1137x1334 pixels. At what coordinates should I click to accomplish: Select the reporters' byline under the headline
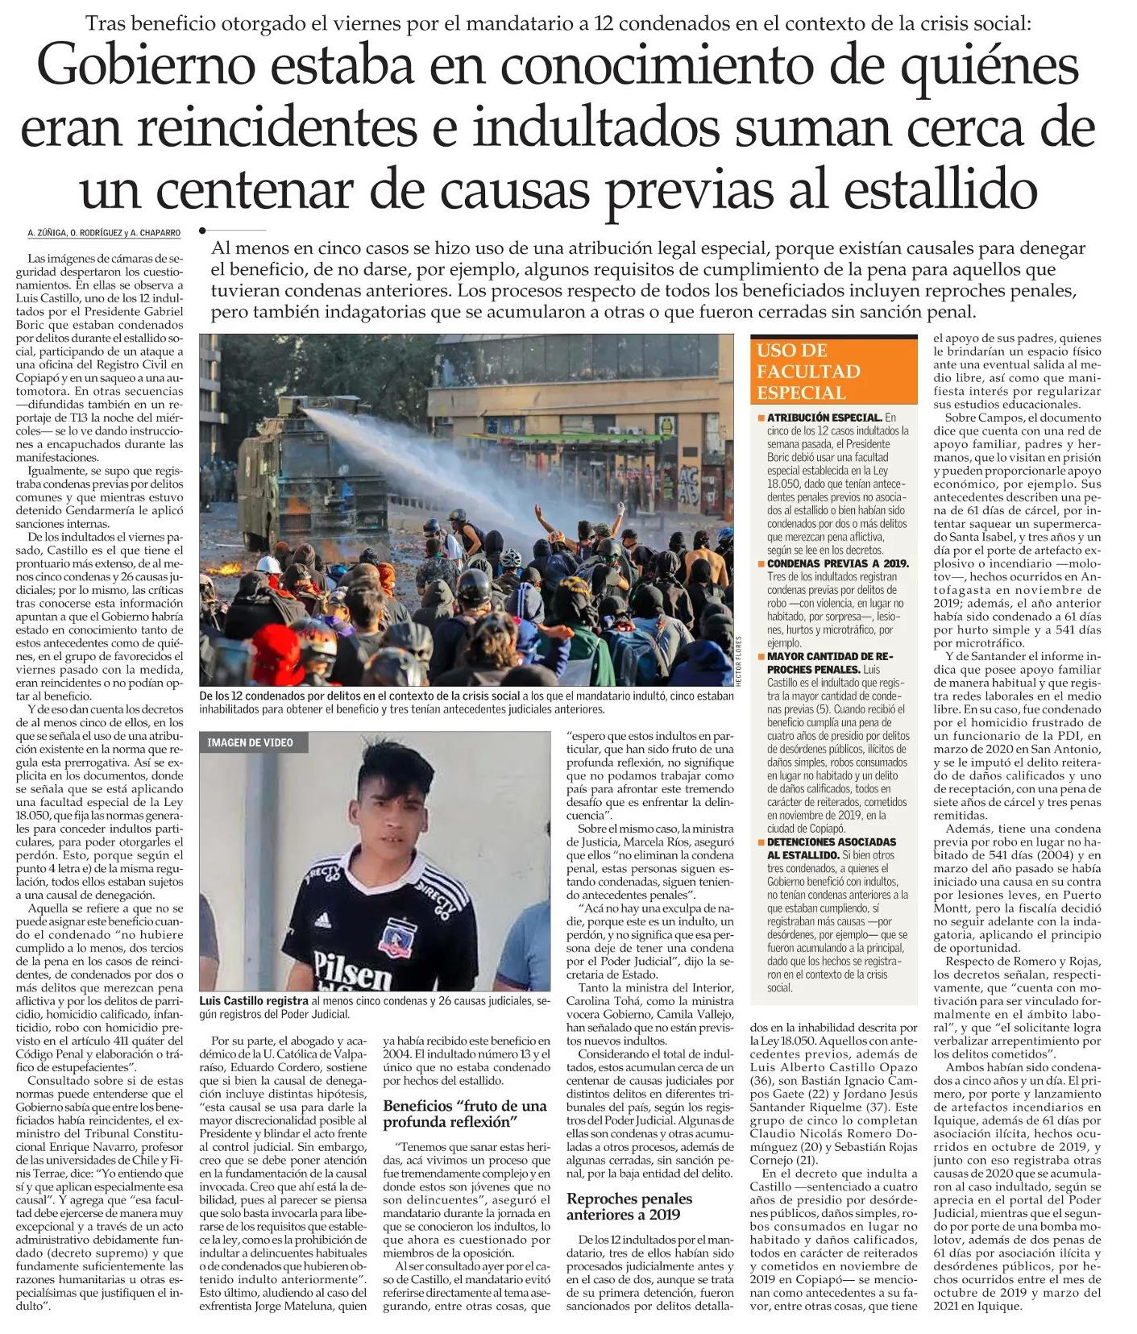point(104,234)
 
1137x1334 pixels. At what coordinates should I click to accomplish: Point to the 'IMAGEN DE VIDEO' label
point(251,742)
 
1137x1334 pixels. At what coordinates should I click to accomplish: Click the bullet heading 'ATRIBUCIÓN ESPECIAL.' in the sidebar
point(824,418)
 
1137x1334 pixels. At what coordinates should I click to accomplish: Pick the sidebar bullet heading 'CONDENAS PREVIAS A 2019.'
point(837,563)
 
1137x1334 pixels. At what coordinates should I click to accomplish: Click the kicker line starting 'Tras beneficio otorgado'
point(558,23)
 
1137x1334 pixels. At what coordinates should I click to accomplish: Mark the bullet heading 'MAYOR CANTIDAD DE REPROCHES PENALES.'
point(830,663)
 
